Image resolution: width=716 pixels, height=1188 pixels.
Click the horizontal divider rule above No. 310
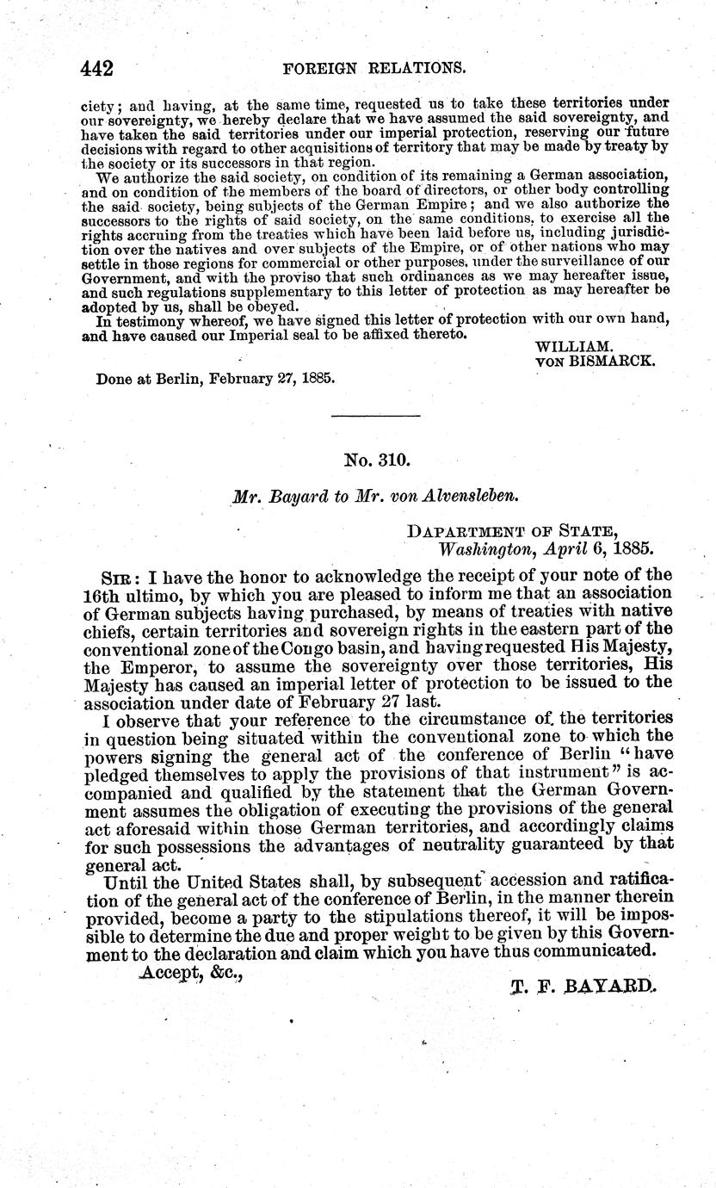pos(376,417)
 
